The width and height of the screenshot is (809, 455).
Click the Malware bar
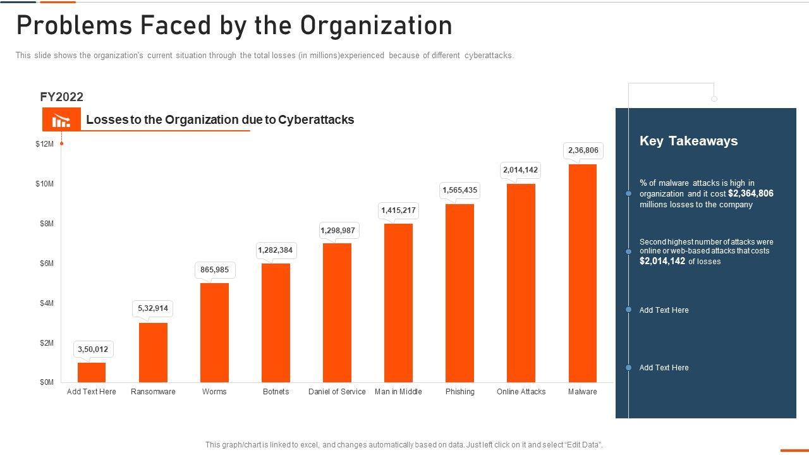pyautogui.click(x=582, y=273)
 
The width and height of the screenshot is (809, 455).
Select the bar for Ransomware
pyautogui.click(x=153, y=352)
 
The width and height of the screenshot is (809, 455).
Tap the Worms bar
pyautogui.click(x=214, y=332)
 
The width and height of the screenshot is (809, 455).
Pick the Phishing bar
pyautogui.click(x=459, y=293)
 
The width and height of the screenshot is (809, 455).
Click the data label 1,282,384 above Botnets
pyautogui.click(x=276, y=250)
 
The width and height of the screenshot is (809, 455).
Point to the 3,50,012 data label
pyautogui.click(x=92, y=349)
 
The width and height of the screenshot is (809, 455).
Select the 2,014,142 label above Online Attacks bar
pyautogui.click(x=520, y=170)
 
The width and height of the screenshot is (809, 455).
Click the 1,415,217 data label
pyautogui.click(x=398, y=210)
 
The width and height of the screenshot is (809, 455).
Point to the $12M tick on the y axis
pyautogui.click(x=45, y=144)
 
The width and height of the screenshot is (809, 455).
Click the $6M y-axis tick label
pyautogui.click(x=45, y=264)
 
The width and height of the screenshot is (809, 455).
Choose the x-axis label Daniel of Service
pyautogui.click(x=337, y=392)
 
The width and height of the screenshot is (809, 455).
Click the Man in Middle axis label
pyautogui.click(x=398, y=392)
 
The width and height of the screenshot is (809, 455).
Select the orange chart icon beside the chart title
pyautogui.click(x=61, y=119)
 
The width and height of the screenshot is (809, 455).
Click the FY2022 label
pyautogui.click(x=61, y=97)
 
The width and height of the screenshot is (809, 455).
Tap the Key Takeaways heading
pyautogui.click(x=688, y=141)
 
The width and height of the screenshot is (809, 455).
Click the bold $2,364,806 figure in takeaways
pyautogui.click(x=750, y=193)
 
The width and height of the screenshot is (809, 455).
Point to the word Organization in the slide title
pyautogui.click(x=376, y=26)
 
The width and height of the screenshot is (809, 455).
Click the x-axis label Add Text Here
pyautogui.click(x=92, y=392)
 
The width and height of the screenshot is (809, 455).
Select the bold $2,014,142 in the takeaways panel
pyautogui.click(x=662, y=261)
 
